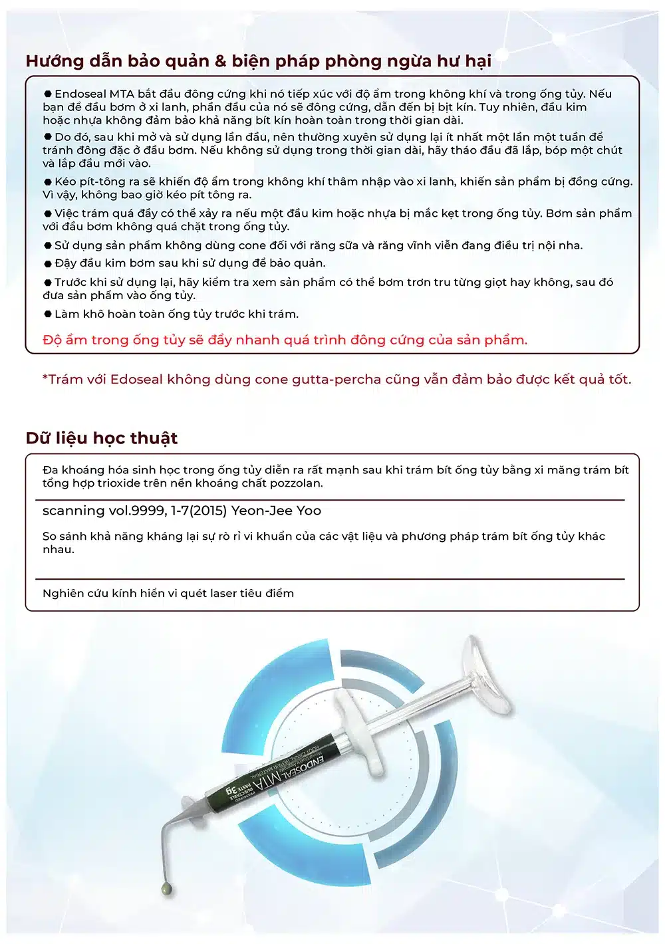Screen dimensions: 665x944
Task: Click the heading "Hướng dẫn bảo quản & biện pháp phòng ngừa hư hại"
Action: (x=259, y=61)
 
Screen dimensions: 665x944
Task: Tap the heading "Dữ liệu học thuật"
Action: (x=102, y=438)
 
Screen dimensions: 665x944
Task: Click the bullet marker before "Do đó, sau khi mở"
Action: (x=48, y=136)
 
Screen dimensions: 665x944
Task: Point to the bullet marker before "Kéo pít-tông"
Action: (x=48, y=181)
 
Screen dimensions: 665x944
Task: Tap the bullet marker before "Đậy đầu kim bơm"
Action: (x=48, y=263)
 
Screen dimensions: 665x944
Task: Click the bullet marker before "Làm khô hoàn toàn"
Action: (x=48, y=314)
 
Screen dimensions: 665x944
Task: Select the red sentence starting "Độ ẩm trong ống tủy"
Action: (x=285, y=340)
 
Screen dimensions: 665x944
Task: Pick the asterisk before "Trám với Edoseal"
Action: (x=45, y=376)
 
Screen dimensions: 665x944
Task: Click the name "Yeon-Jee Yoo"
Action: (x=276, y=511)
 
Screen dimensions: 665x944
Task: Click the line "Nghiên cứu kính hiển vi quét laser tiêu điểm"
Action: (x=168, y=594)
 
